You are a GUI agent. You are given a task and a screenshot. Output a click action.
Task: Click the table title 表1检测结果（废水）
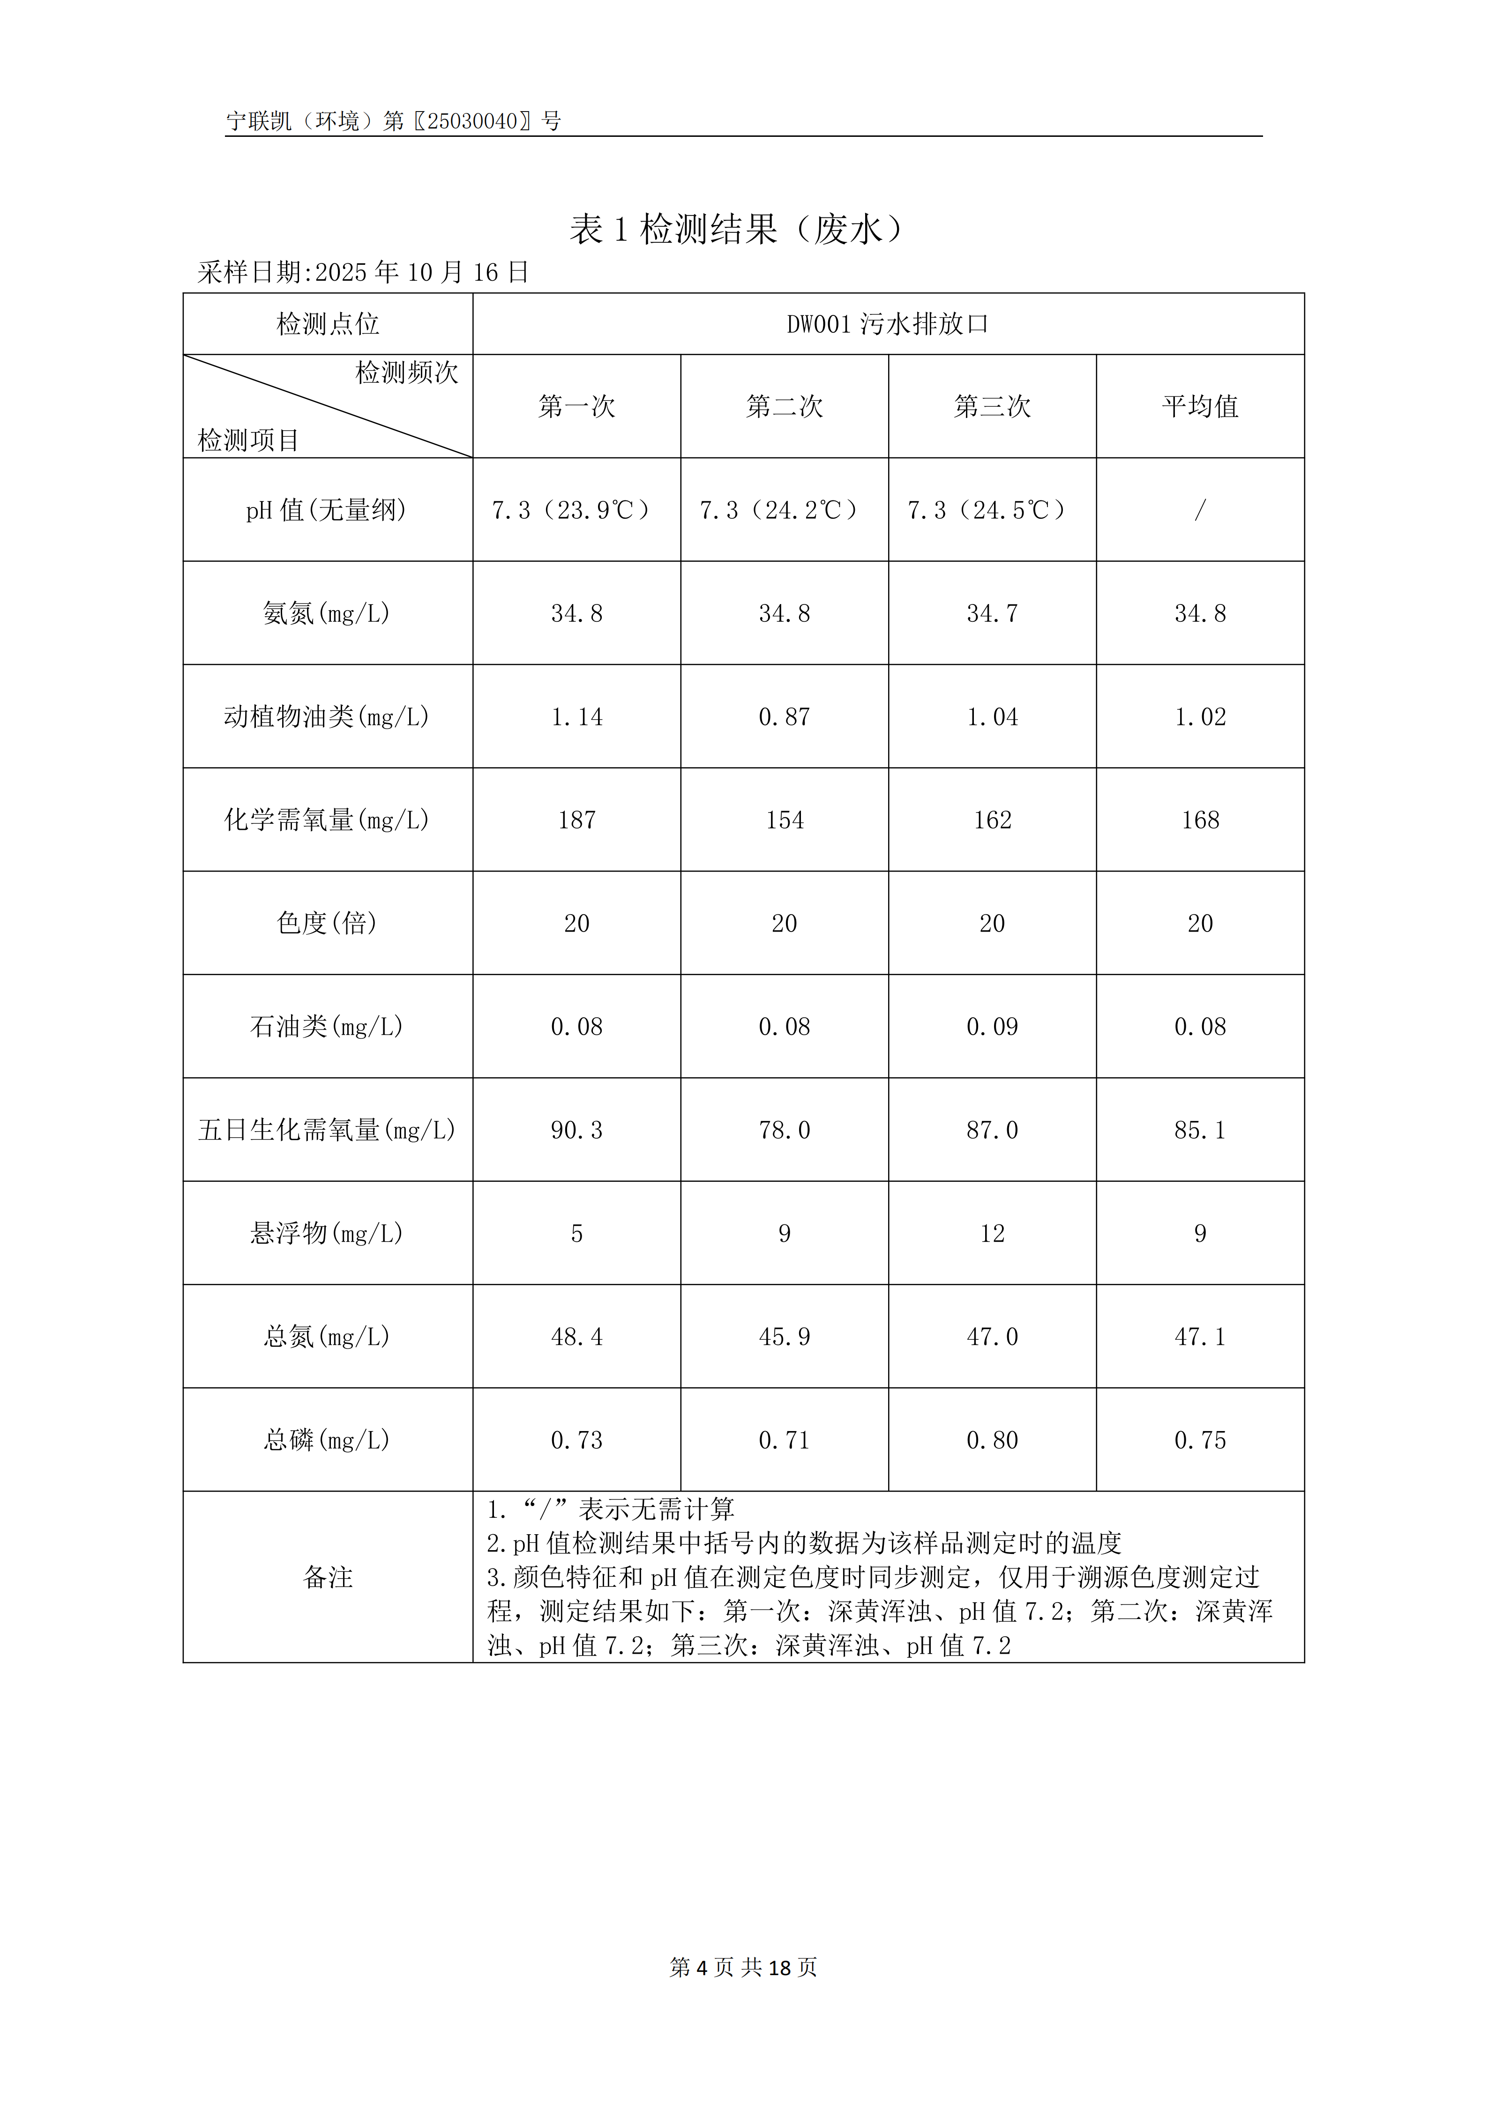click(x=738, y=229)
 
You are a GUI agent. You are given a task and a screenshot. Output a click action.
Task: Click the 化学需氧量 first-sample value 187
click(x=576, y=820)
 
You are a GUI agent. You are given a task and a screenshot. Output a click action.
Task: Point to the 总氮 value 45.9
click(x=785, y=1337)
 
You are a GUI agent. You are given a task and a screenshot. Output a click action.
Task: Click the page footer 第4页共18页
click(x=743, y=1968)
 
